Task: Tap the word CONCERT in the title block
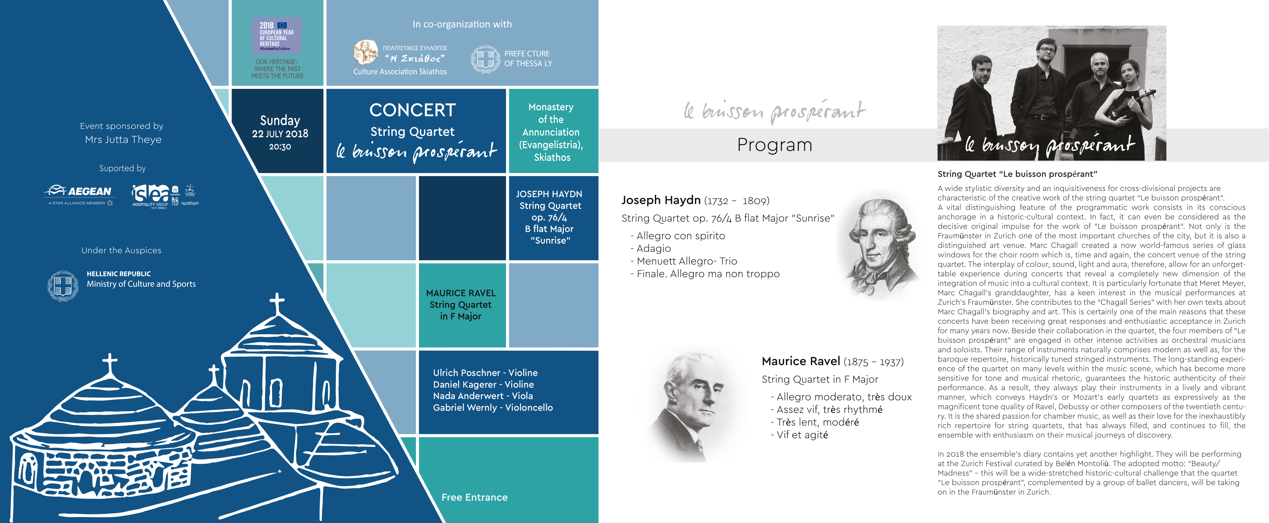pyautogui.click(x=413, y=110)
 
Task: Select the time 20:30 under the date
pyautogui.click(x=280, y=146)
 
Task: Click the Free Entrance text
pyautogui.click(x=474, y=497)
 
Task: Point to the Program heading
pyautogui.click(x=774, y=145)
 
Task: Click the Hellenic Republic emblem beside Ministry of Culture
pyautogui.click(x=63, y=286)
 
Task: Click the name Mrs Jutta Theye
pyautogui.click(x=123, y=139)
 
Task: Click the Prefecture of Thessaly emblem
pyautogui.click(x=485, y=59)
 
